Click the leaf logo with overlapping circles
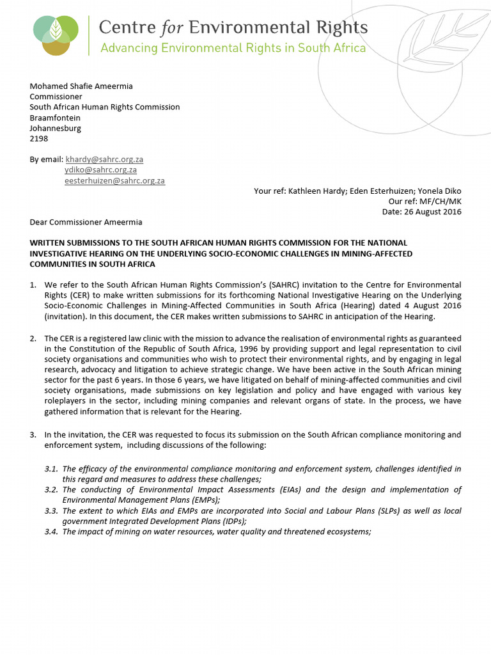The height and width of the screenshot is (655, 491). click(56, 35)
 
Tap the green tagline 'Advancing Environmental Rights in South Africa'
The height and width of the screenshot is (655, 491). click(233, 49)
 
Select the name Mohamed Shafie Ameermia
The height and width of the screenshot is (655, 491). click(81, 86)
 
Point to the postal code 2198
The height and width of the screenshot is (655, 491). click(39, 138)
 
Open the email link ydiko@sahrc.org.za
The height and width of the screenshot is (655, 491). click(100, 170)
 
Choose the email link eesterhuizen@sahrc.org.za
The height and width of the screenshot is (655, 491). click(114, 181)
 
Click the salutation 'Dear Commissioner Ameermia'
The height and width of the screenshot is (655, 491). click(86, 222)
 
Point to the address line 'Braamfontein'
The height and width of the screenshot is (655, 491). click(54, 118)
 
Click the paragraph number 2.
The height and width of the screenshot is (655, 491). click(33, 338)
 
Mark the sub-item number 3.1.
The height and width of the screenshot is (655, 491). click(51, 469)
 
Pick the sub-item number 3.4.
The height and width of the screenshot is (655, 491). click(51, 532)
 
